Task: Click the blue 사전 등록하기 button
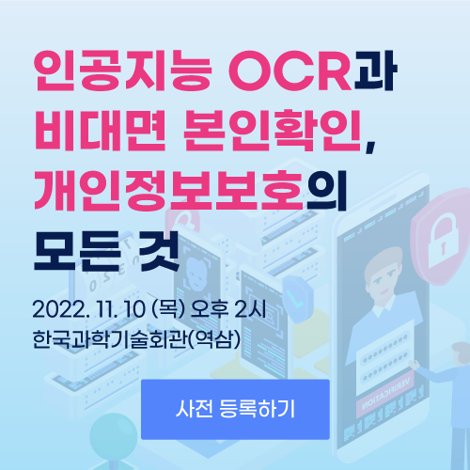[235, 409]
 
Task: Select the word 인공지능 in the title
[122, 70]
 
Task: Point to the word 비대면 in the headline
[100, 131]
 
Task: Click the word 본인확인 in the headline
[273, 131]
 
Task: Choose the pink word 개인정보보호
[168, 190]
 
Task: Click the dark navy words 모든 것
[106, 251]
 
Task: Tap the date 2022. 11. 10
[89, 309]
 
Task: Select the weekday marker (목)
[168, 309]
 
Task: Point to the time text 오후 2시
[228, 309]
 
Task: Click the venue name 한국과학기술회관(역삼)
[136, 339]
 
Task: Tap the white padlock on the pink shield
[443, 240]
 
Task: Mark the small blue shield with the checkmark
[298, 298]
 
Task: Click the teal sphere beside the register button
[113, 436]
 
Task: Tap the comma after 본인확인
[369, 147]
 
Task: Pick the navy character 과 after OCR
[375, 70]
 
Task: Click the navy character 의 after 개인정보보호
[327, 190]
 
